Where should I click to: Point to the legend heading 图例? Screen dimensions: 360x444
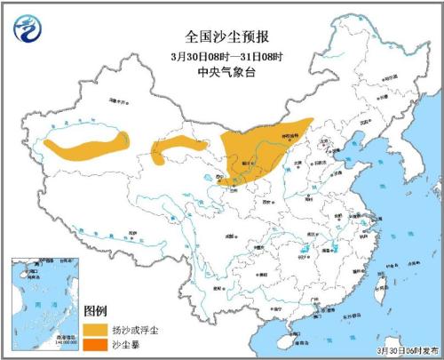(x=95, y=310)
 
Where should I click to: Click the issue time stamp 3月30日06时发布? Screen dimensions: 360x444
(x=408, y=352)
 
